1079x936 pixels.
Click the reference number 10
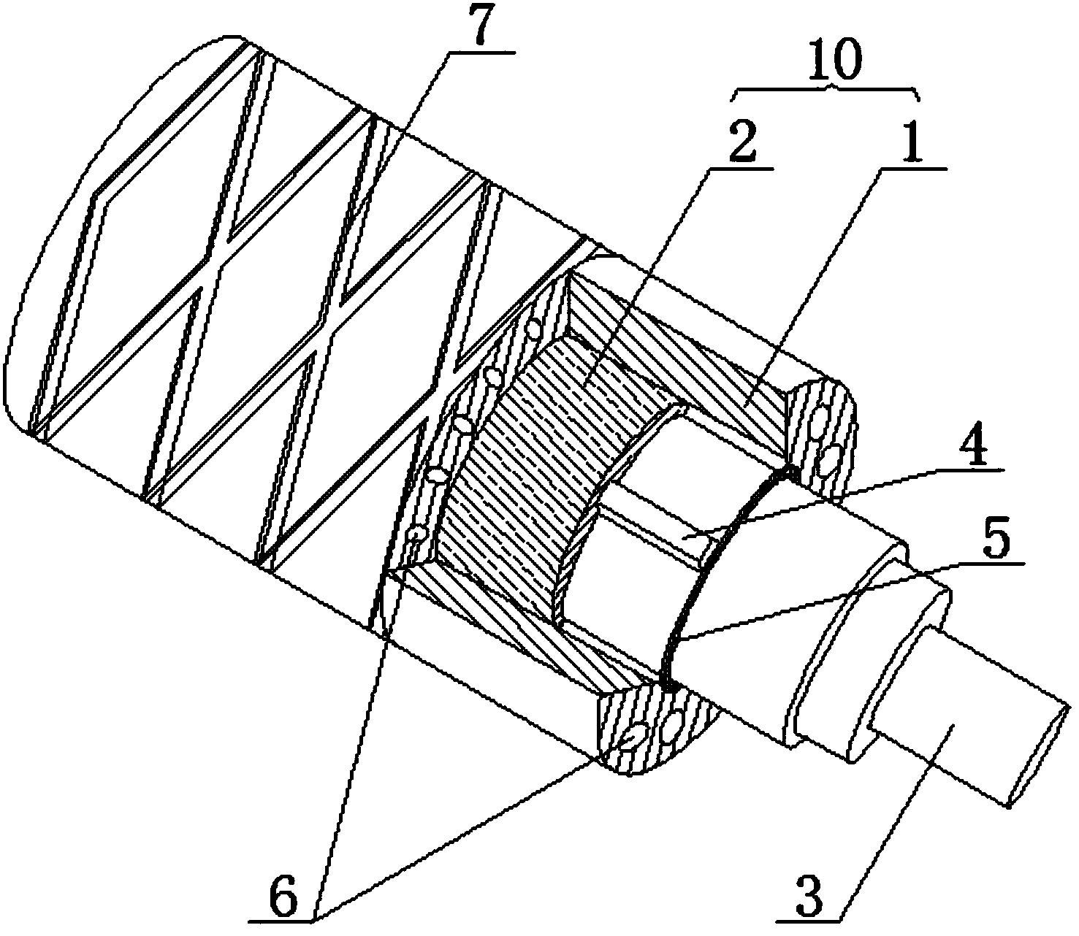pos(828,61)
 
